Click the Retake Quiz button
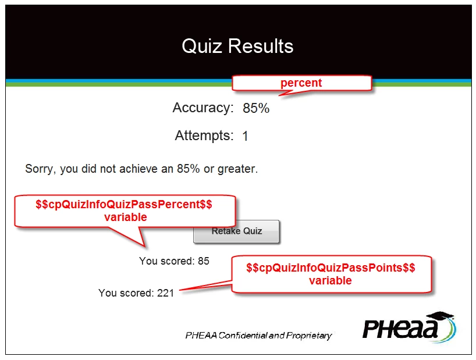click(x=236, y=231)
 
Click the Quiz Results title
click(x=237, y=46)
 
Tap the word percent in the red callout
click(x=301, y=83)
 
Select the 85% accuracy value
click(x=256, y=108)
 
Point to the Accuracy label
click(x=203, y=108)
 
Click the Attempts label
click(x=204, y=136)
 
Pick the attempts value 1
click(x=246, y=136)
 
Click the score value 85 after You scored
click(x=204, y=261)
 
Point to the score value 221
click(x=165, y=293)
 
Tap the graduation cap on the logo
click(x=442, y=316)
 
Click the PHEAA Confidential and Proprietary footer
click(x=258, y=336)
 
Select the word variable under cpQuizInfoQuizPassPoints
click(x=331, y=280)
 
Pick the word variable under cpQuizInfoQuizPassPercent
click(x=125, y=217)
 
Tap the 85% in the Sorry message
click(x=188, y=169)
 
